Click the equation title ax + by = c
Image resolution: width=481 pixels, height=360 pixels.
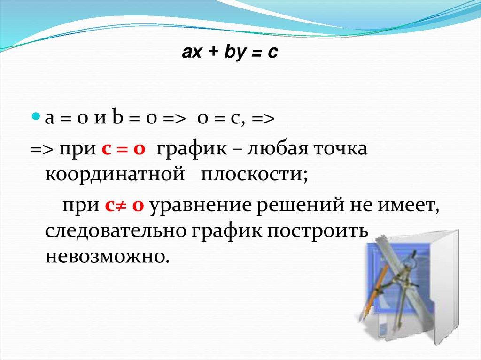pos(230,53)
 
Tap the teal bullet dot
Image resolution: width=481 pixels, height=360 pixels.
pos(36,117)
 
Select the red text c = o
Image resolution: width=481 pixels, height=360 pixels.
pos(123,149)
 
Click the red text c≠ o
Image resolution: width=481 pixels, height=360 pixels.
pos(124,205)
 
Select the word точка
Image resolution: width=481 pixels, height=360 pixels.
pos(340,149)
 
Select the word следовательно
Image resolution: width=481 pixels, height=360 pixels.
pos(116,231)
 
